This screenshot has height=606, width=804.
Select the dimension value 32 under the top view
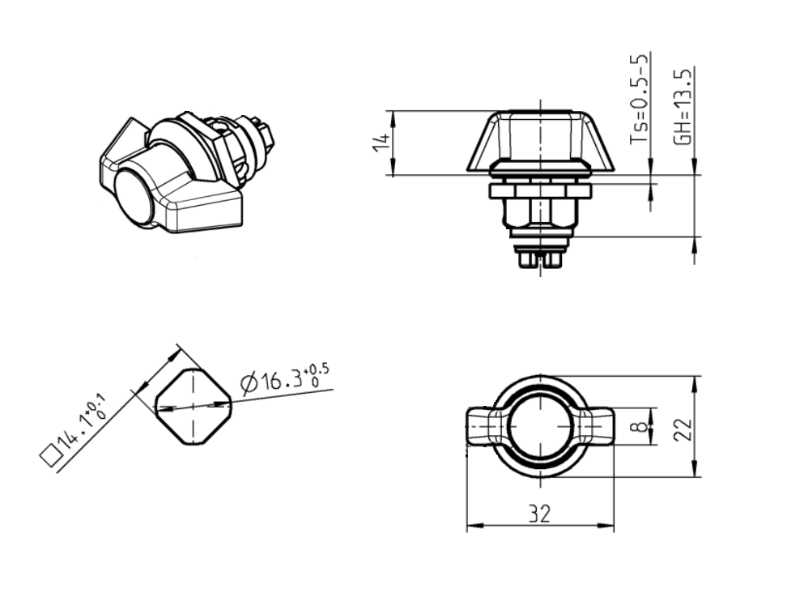click(x=538, y=514)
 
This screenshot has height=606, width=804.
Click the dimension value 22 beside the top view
click(x=683, y=427)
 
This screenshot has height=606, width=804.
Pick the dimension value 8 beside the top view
click(x=643, y=426)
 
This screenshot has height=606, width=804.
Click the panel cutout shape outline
click(x=193, y=406)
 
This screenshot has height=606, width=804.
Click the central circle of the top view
click(x=539, y=426)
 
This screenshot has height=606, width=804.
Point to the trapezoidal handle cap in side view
click(x=539, y=142)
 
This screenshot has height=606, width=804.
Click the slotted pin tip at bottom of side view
click(x=539, y=258)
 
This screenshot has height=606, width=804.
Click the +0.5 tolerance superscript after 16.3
click(x=318, y=371)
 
